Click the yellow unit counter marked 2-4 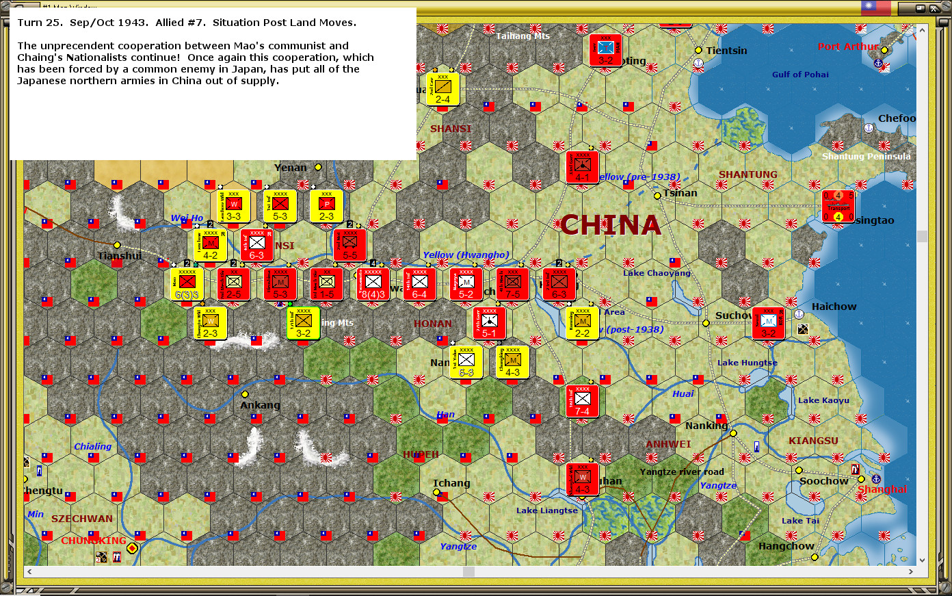[x=442, y=89]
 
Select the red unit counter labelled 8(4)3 [x=373, y=284]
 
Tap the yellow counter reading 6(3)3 [x=187, y=284]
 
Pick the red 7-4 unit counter [x=582, y=401]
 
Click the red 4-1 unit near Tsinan [x=582, y=167]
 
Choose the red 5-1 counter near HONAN [x=489, y=323]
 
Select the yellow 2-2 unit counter [x=582, y=323]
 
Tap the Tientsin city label [x=726, y=51]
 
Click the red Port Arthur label [x=848, y=47]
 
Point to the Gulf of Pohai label [x=800, y=75]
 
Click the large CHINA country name [x=611, y=225]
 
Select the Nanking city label [x=706, y=426]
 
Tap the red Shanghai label [x=882, y=489]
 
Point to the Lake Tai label [x=800, y=521]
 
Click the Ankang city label [x=260, y=405]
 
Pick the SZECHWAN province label [x=82, y=519]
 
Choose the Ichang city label [x=451, y=483]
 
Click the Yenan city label [x=291, y=168]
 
